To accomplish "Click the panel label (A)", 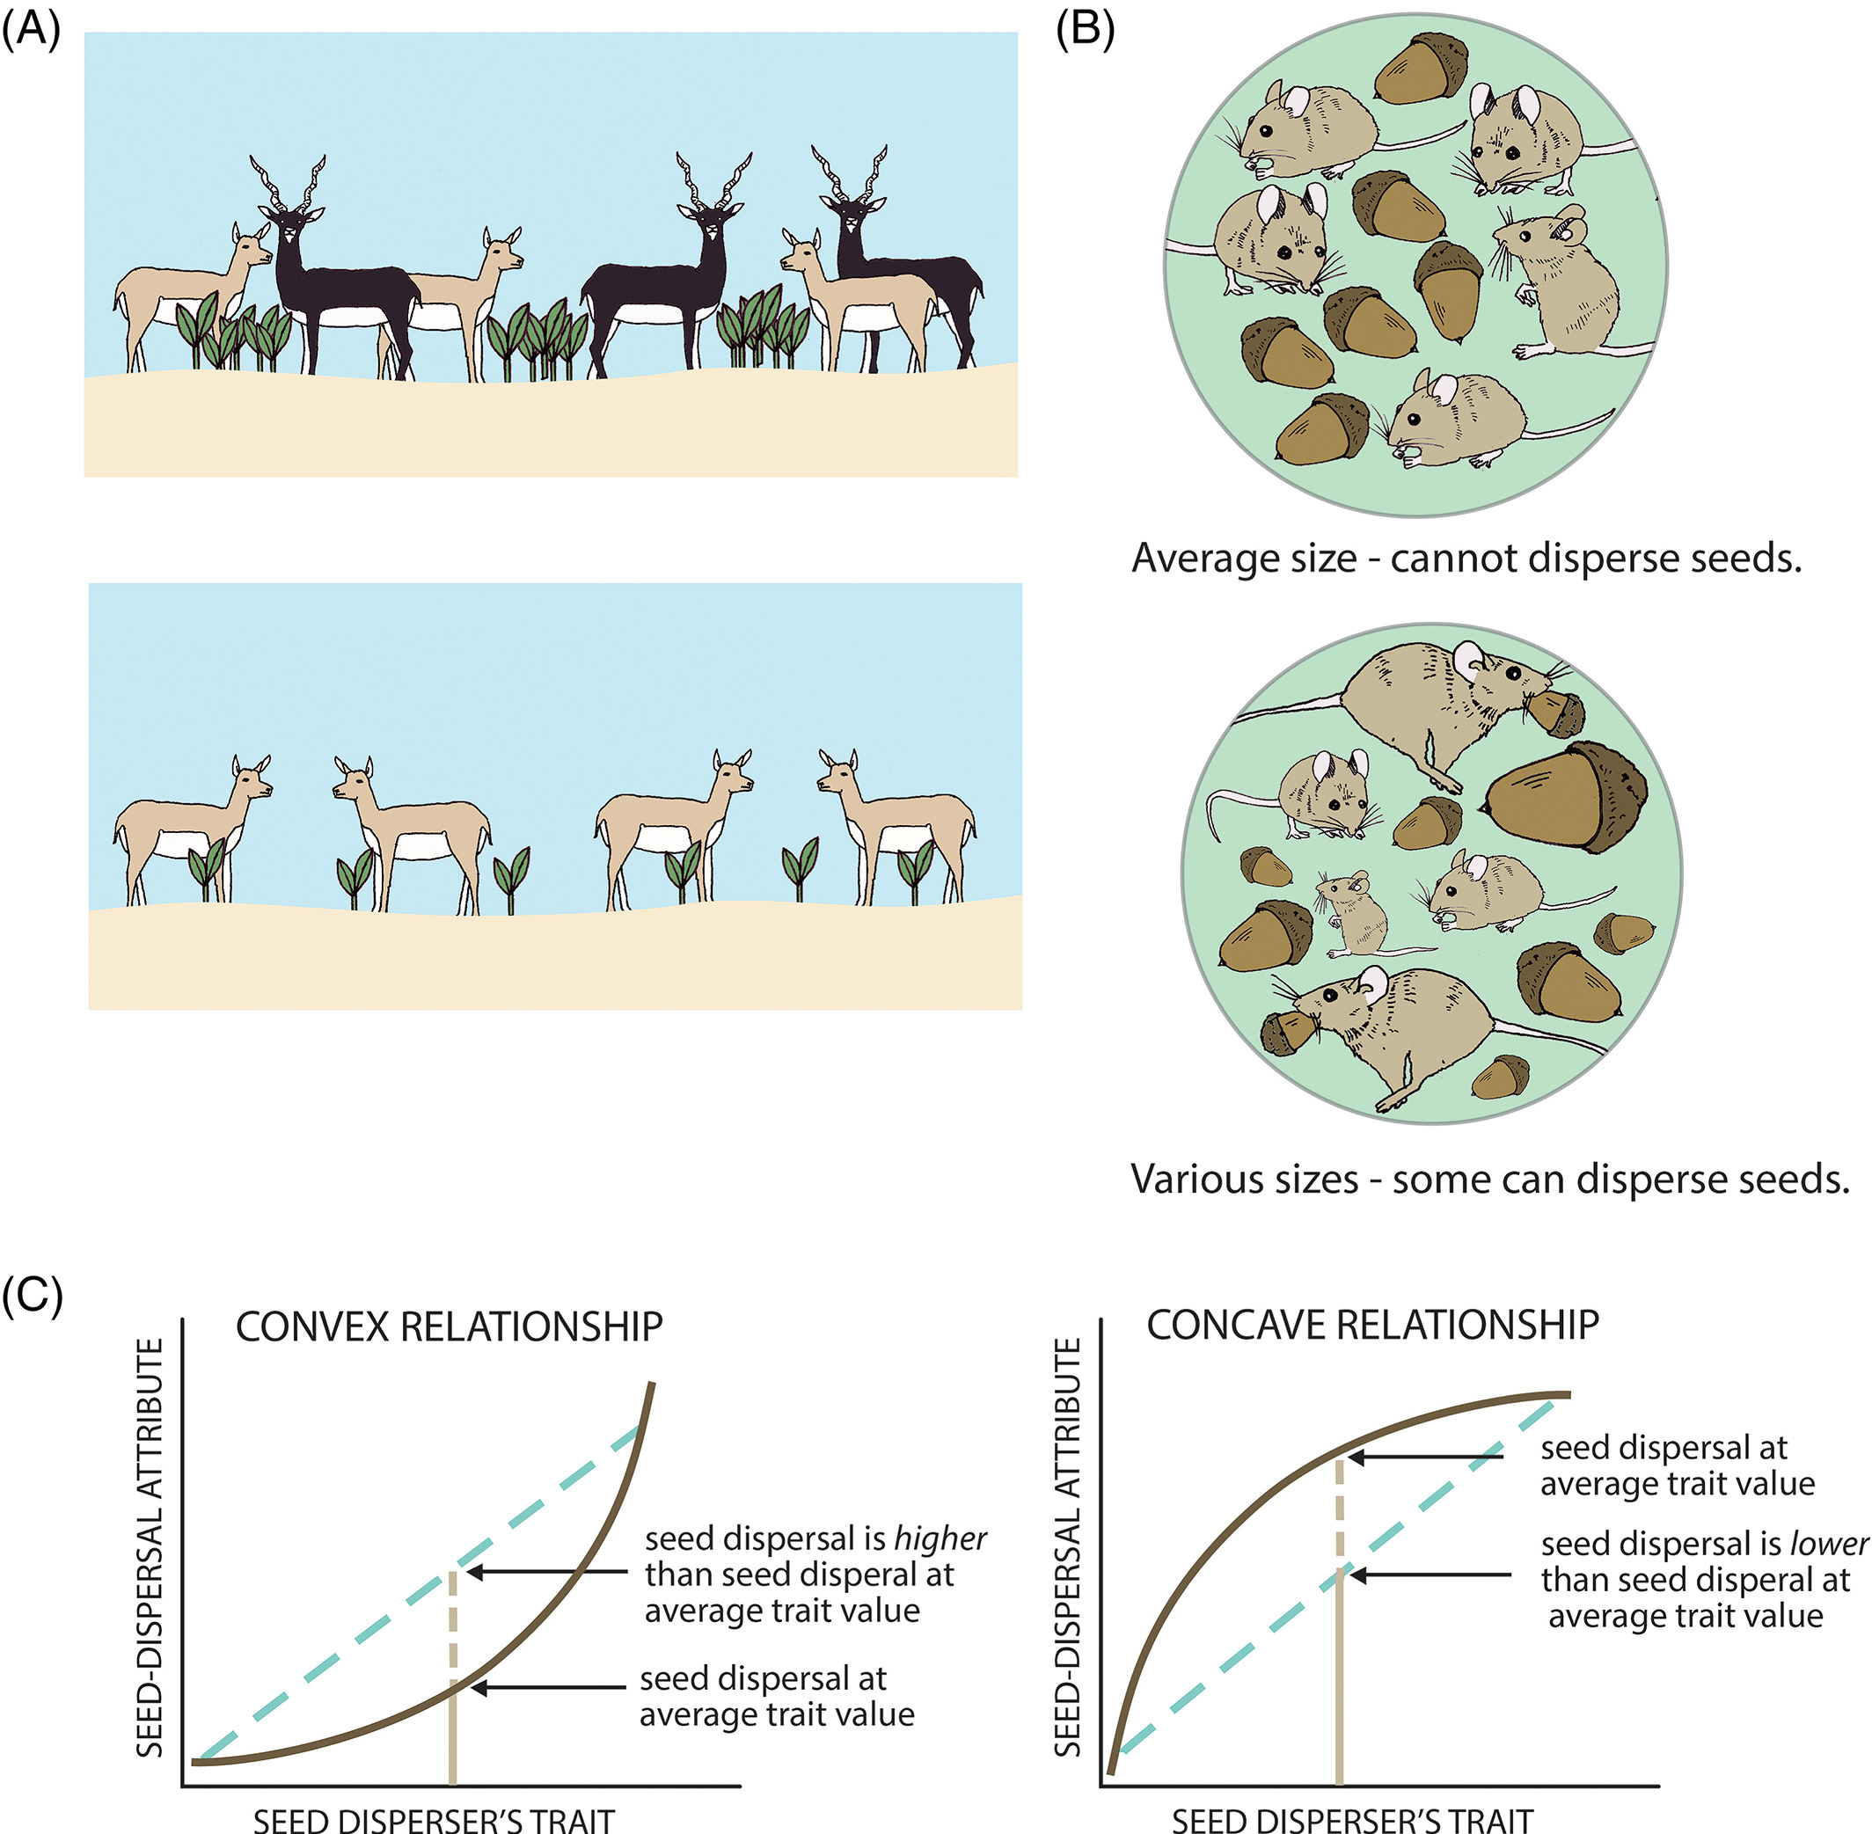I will (31, 31).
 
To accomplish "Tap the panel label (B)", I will (1085, 31).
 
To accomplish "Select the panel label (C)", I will (32, 1296).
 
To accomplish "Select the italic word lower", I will (1829, 1544).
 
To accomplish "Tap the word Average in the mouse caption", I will (1195, 558).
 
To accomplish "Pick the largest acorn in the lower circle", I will (1565, 796).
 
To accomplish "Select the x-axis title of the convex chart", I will (434, 1820).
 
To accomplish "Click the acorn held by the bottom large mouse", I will (1285, 1032).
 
